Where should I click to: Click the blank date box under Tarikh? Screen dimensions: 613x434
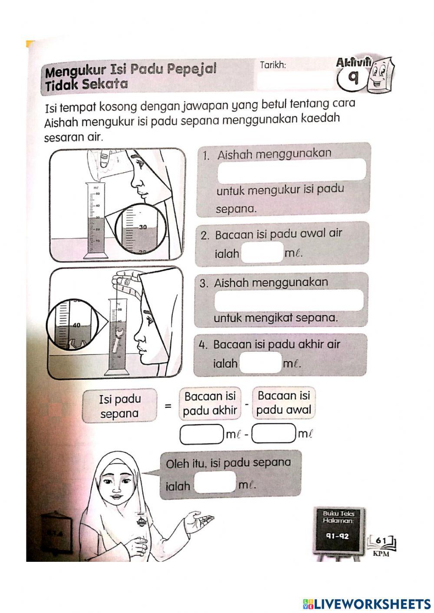click(295, 81)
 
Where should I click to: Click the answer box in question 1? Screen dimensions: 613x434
click(292, 170)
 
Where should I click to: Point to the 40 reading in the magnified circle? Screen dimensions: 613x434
click(76, 325)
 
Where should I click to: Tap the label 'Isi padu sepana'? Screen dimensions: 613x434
click(119, 406)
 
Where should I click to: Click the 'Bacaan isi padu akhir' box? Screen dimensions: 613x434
click(210, 403)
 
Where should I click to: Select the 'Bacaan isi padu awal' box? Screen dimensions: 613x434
click(283, 403)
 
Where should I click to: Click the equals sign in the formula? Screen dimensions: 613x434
click(168, 406)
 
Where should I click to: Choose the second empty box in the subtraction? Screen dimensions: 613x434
click(274, 434)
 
